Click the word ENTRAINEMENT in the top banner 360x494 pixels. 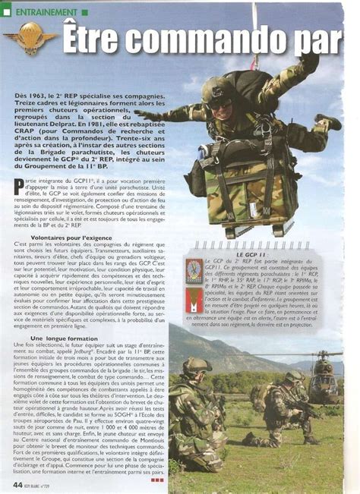pyautogui.click(x=46, y=13)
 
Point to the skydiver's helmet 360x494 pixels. pyautogui.click(x=216, y=91)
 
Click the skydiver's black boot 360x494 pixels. pyautogui.click(x=328, y=121)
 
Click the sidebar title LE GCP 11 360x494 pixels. pyautogui.click(x=251, y=252)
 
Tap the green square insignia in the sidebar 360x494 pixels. pyautogui.click(x=194, y=271)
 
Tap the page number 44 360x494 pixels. pyautogui.click(x=17, y=483)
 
